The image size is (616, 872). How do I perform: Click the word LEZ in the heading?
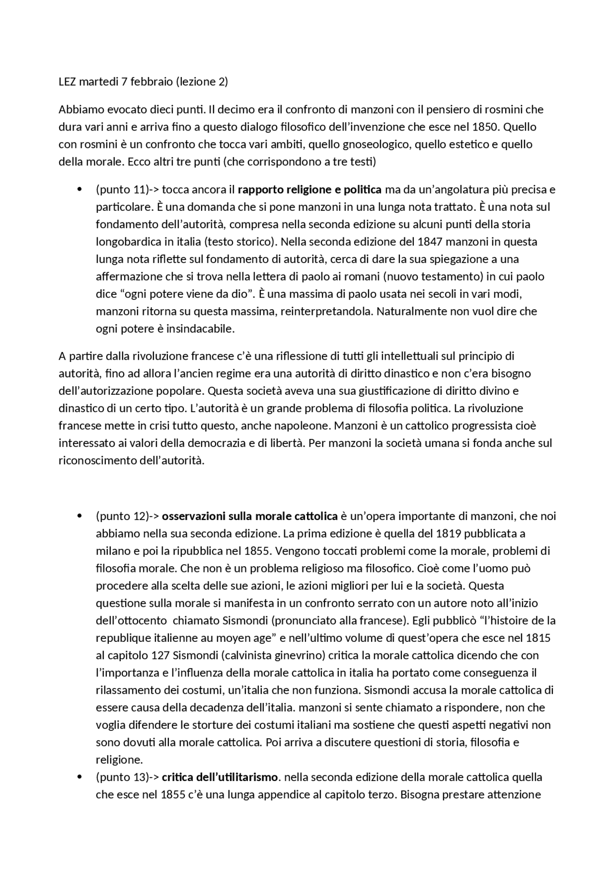67,82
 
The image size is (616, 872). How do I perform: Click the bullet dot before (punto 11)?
78,189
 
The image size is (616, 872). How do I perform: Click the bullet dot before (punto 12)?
78,516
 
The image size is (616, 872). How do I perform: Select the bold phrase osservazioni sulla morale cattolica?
249,516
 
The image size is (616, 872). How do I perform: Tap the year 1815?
538,638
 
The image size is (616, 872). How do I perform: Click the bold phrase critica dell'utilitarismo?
220,777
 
